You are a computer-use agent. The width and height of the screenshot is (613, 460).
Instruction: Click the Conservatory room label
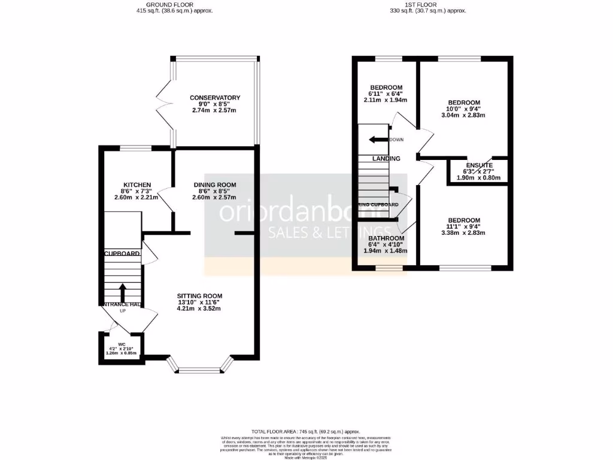point(215,98)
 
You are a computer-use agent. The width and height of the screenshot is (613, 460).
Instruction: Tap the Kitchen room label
point(137,184)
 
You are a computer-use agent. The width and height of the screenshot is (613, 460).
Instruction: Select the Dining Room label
point(214,184)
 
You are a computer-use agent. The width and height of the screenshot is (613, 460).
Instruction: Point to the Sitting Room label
point(199,296)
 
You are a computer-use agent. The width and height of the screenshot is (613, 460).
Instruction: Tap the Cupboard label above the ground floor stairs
point(123,254)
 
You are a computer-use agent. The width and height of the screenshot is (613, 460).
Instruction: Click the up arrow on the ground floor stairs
point(123,292)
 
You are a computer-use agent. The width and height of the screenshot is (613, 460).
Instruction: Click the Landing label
point(386,159)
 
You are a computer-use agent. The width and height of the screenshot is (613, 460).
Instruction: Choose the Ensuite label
point(479,165)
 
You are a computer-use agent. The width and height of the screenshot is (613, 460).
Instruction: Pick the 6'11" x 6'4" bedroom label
point(386,87)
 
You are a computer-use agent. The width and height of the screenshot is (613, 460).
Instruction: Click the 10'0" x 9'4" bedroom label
point(464,102)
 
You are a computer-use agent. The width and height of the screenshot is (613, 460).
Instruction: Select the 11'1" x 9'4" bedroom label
point(464,220)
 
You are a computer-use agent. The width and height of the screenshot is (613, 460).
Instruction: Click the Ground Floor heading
point(174,4)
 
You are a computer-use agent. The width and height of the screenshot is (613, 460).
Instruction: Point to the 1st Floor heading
point(427,4)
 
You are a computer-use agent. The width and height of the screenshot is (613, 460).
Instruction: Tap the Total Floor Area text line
point(306,431)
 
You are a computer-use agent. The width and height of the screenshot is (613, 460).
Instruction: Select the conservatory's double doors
point(162,103)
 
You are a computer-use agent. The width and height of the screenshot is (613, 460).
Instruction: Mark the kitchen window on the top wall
point(135,148)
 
